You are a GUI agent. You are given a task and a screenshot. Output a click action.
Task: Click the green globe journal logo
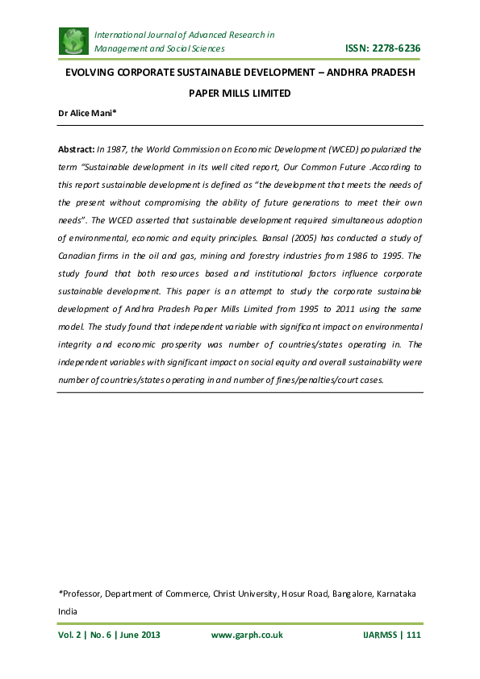point(73,40)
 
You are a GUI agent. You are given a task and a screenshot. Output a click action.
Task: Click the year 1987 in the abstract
point(115,149)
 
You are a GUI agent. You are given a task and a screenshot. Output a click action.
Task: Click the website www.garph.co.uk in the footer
point(247,635)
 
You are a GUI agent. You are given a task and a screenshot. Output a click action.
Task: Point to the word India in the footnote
point(69,611)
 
